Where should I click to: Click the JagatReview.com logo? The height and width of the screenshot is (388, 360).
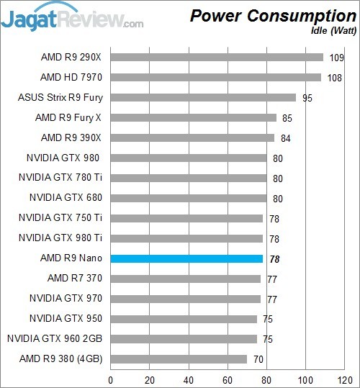(72, 17)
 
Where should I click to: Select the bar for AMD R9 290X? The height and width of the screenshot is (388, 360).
(217, 57)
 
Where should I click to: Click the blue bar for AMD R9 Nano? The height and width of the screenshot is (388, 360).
(186, 258)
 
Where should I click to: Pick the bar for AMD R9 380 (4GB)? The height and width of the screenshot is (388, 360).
(179, 358)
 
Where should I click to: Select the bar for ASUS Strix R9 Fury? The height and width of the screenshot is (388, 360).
(203, 97)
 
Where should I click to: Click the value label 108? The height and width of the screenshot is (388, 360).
(335, 77)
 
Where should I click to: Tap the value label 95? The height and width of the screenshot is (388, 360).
(307, 97)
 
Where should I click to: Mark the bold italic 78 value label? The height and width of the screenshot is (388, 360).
(274, 258)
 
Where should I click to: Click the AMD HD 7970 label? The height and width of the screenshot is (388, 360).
(71, 77)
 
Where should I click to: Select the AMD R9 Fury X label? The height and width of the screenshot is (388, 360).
(68, 117)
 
